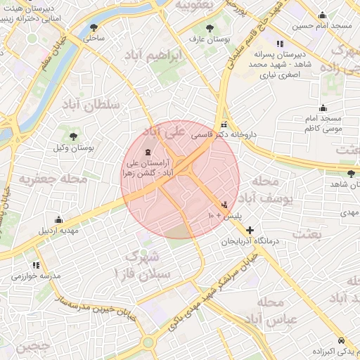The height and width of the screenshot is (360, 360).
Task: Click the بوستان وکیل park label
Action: coord(74,148)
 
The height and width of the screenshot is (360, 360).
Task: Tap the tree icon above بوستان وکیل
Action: coord(74,136)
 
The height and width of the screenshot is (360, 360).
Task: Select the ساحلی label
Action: coord(94,39)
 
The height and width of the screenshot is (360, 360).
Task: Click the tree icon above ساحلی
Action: coord(94,28)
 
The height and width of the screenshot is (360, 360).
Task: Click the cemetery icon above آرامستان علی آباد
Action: coord(148,153)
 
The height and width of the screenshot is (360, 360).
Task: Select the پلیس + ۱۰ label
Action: coord(224,214)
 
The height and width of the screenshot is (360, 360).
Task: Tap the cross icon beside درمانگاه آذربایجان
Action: coord(250,229)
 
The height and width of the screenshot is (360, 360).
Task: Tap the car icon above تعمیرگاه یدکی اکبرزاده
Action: coord(340,338)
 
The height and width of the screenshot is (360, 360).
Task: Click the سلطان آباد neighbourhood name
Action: coord(92,105)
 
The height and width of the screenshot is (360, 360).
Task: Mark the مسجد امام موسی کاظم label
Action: coord(323,124)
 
